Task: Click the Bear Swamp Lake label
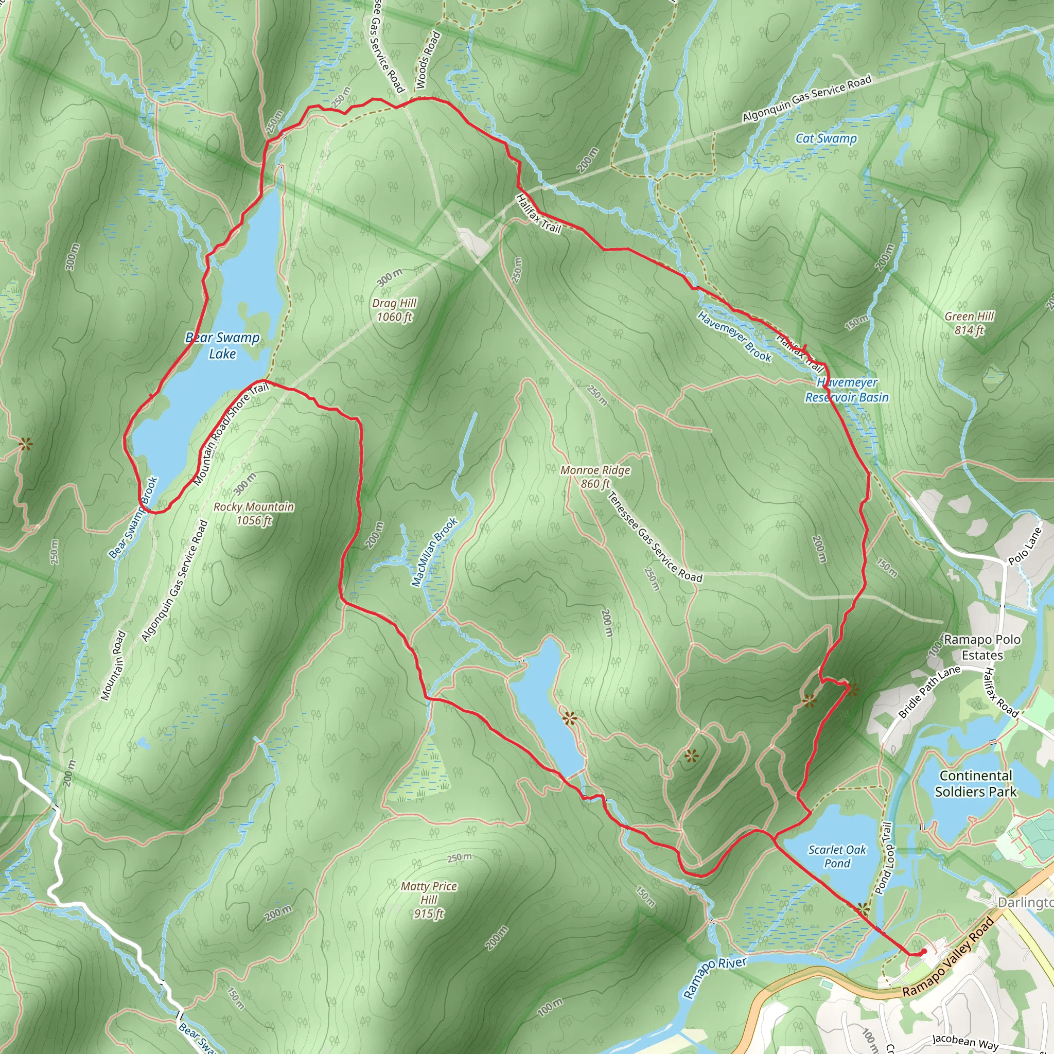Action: click(222, 345)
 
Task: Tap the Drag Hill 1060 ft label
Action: click(394, 310)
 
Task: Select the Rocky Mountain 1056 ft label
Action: click(254, 513)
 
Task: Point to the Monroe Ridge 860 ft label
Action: click(595, 476)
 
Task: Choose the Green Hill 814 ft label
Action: click(969, 323)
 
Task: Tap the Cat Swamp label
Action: click(826, 138)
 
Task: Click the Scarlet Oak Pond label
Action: click(837, 856)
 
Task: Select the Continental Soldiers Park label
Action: click(976, 783)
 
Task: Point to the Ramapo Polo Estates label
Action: click(982, 646)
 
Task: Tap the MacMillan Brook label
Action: click(434, 552)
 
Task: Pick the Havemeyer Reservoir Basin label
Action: click(847, 390)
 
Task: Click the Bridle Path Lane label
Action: click(929, 691)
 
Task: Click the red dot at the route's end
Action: click(924, 952)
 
